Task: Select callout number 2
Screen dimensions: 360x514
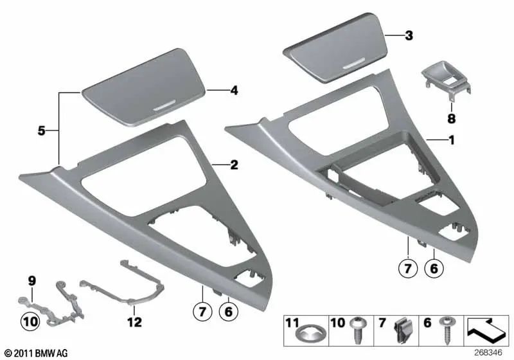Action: pos(235,165)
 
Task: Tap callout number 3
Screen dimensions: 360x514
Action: pos(409,37)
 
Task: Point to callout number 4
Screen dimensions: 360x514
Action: pos(235,91)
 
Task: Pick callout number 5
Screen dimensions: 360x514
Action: pos(40,130)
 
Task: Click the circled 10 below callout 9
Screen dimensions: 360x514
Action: pos(31,319)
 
